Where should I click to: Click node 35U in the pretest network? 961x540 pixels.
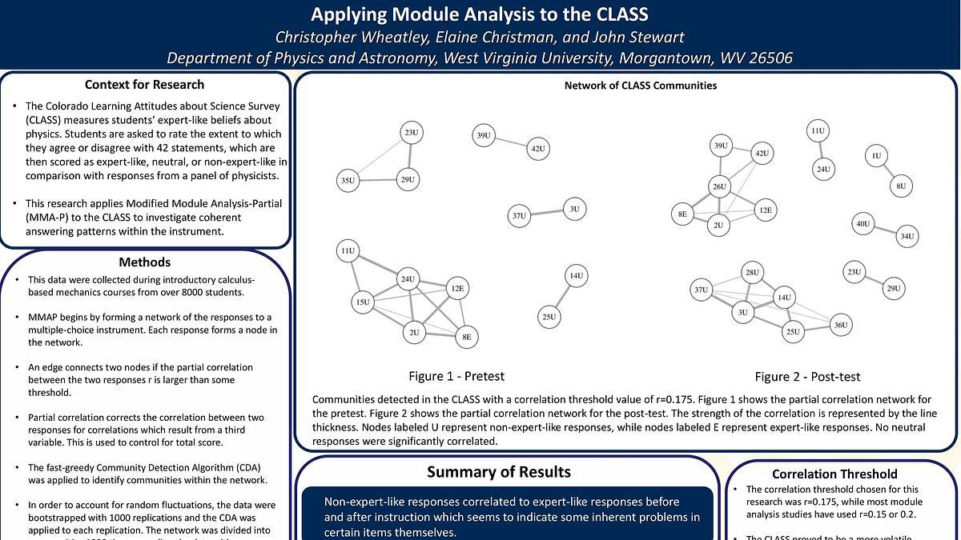tap(348, 181)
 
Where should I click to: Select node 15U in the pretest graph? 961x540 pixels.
tap(363, 302)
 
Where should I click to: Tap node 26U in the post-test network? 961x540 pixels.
tap(719, 187)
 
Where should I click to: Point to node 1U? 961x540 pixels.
tap(876, 156)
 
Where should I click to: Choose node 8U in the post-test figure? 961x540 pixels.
tap(901, 186)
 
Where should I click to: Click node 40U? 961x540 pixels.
tap(862, 224)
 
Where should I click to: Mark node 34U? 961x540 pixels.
tap(907, 236)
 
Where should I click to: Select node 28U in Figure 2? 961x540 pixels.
tap(752, 273)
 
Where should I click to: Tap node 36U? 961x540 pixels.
tap(840, 324)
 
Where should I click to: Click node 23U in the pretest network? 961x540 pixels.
tap(411, 133)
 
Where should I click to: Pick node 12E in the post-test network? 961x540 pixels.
tap(765, 210)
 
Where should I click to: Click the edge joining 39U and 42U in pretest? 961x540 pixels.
tap(510, 142)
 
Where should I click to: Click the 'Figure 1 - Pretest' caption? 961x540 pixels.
tap(456, 376)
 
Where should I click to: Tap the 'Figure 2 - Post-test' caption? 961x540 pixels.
tap(807, 377)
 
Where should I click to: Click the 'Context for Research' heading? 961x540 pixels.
tap(144, 85)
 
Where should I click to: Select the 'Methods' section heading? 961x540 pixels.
tap(144, 262)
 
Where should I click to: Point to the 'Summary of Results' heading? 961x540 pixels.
tap(499, 472)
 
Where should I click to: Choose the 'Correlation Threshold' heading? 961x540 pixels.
tap(834, 474)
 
